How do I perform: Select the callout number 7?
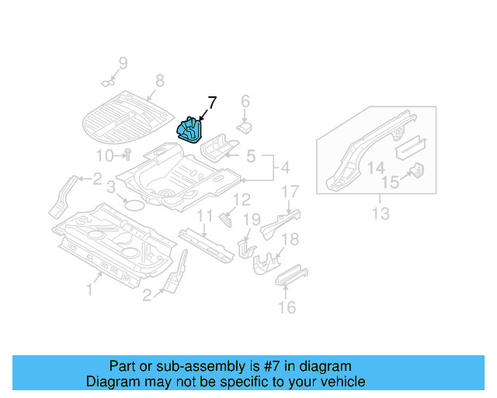click(212, 102)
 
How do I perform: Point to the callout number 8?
click(159, 80)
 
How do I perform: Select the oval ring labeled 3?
click(134, 205)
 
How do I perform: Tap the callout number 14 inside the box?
click(376, 168)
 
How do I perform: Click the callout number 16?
click(287, 308)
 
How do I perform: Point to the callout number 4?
click(284, 167)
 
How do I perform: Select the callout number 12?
click(242, 200)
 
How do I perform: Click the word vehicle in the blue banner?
click(342, 382)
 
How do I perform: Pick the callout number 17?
click(290, 191)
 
